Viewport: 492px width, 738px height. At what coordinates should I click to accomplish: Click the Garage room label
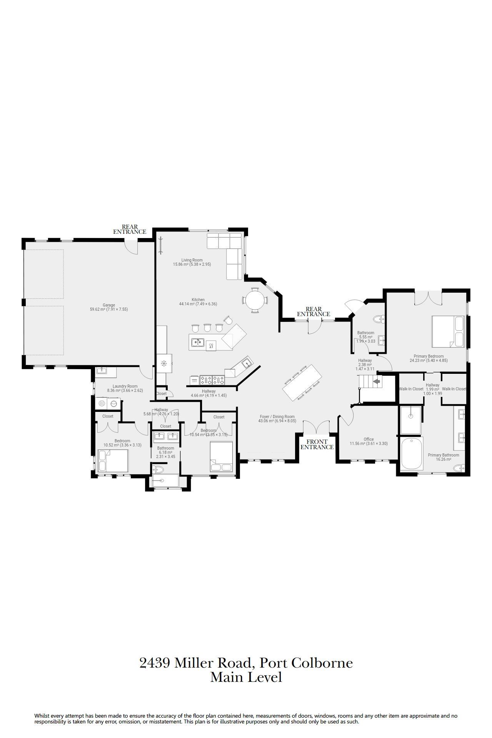tap(109, 307)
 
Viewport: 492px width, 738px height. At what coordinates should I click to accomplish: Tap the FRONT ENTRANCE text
tap(317, 444)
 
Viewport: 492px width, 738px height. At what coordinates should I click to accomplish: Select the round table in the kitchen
tap(255, 300)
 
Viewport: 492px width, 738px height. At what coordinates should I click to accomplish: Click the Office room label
tap(369, 441)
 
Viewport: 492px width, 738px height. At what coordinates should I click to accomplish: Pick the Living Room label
tap(192, 262)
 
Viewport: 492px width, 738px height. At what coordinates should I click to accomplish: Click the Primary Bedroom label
tap(429, 358)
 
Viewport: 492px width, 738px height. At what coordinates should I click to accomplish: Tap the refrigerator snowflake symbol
tap(163, 363)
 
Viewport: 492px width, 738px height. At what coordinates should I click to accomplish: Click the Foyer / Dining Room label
tap(277, 418)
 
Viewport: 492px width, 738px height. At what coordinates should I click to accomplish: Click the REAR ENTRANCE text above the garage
tap(130, 229)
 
